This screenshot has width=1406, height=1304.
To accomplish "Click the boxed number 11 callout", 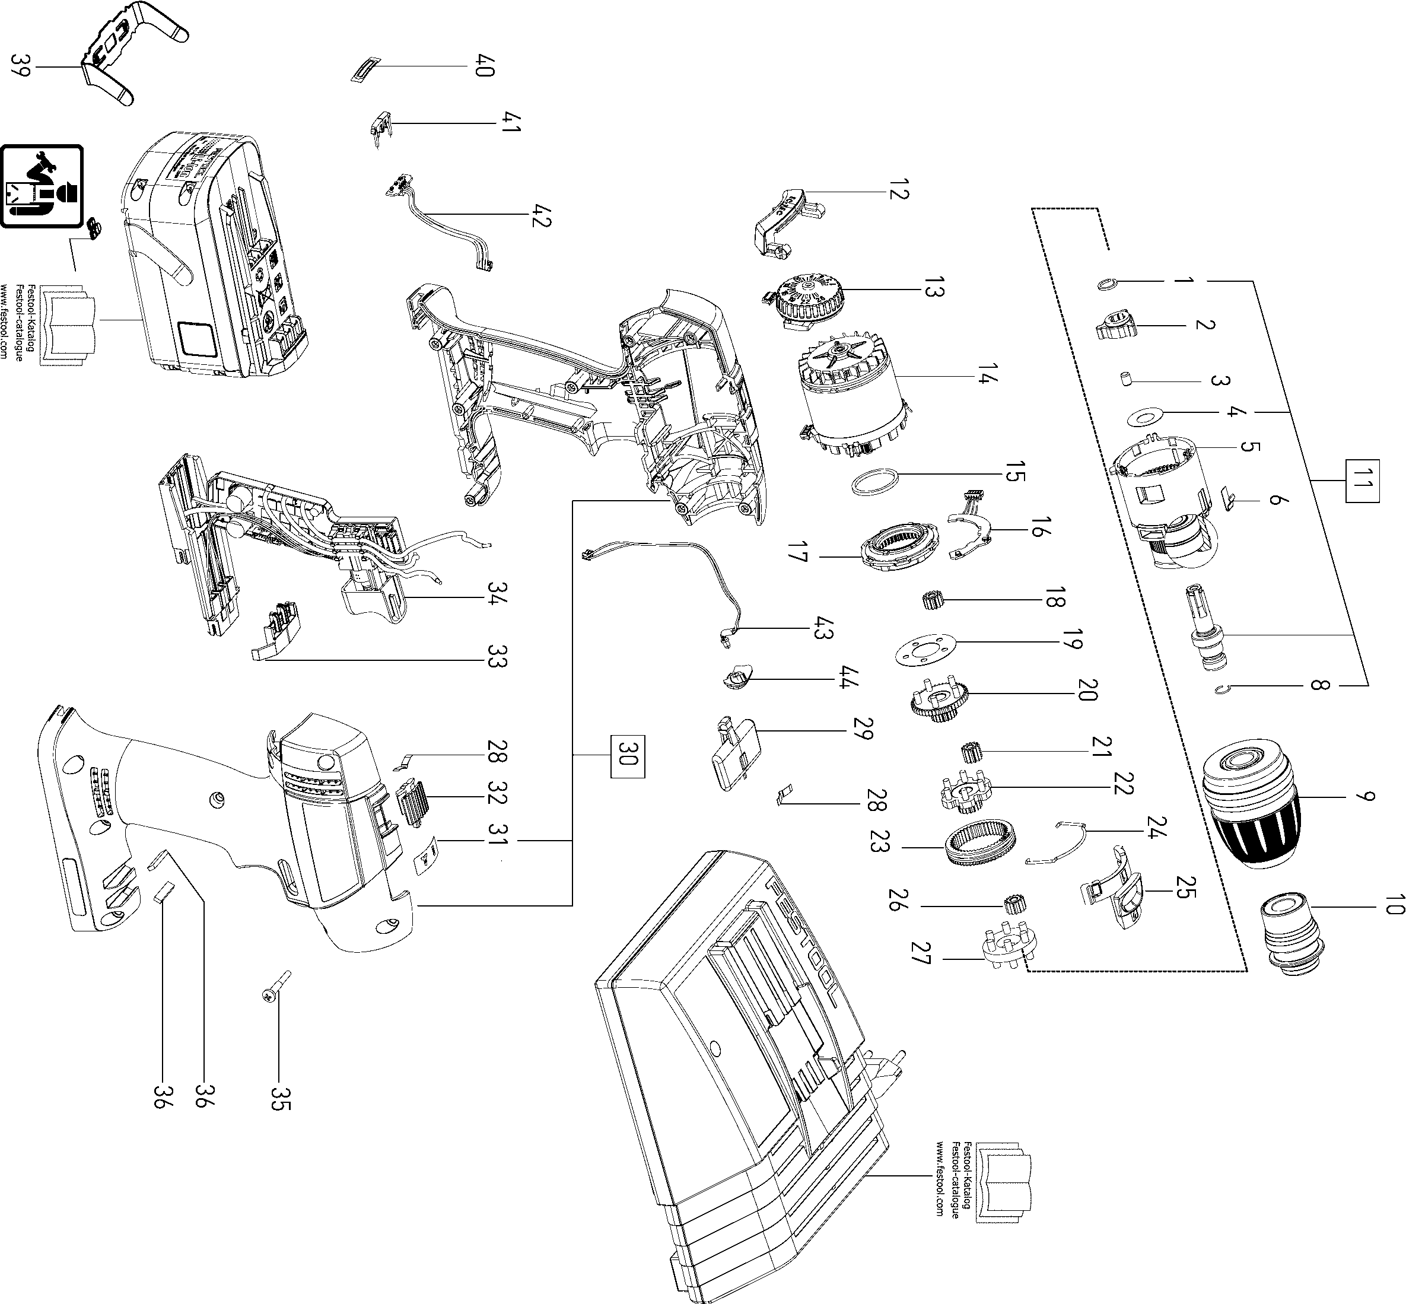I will (1362, 482).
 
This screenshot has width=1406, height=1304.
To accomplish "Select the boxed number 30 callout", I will (627, 757).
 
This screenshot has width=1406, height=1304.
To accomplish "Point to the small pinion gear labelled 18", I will (933, 601).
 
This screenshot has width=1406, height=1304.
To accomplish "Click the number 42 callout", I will (542, 215).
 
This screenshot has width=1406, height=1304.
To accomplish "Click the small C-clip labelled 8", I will (1224, 690).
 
